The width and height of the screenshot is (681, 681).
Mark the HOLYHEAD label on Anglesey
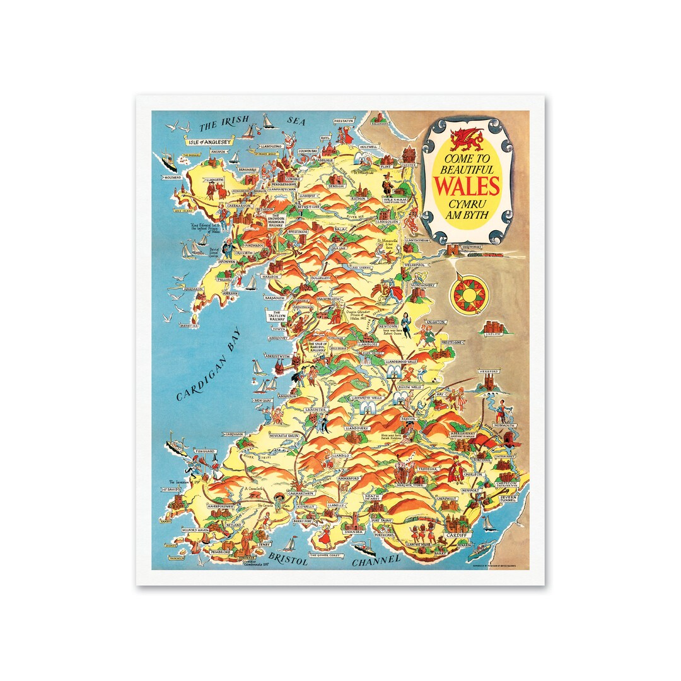click(173, 178)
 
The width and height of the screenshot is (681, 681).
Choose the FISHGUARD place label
click(189, 451)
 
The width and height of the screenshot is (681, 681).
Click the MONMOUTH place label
click(504, 426)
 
